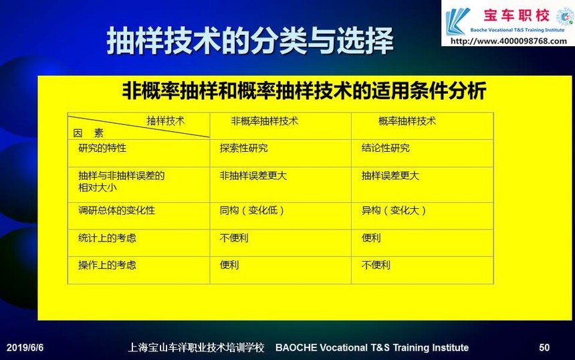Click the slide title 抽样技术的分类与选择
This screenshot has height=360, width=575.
click(250, 41)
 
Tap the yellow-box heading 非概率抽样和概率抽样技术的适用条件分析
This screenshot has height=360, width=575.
click(304, 90)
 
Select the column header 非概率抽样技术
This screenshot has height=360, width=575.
click(264, 121)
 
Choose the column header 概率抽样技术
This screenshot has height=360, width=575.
click(407, 121)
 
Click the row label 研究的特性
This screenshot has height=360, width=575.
click(102, 149)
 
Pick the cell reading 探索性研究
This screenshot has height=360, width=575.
click(243, 149)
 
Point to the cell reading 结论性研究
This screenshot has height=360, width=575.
click(385, 149)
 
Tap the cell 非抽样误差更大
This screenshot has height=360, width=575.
click(253, 176)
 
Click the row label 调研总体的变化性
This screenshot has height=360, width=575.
click(116, 211)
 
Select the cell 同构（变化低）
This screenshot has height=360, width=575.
click(252, 211)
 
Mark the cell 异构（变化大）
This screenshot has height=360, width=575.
click(394, 211)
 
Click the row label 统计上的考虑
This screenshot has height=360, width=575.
click(107, 238)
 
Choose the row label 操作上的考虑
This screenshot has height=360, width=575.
click(107, 265)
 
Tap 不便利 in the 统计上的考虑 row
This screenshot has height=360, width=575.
click(234, 238)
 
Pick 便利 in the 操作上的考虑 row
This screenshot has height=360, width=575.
click(229, 265)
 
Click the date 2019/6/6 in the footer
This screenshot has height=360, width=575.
click(25, 347)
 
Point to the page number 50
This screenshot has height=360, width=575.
click(544, 347)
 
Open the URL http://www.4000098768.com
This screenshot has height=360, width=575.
click(509, 41)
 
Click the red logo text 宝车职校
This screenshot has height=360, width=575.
click(516, 16)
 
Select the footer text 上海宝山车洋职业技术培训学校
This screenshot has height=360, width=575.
click(196, 347)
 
